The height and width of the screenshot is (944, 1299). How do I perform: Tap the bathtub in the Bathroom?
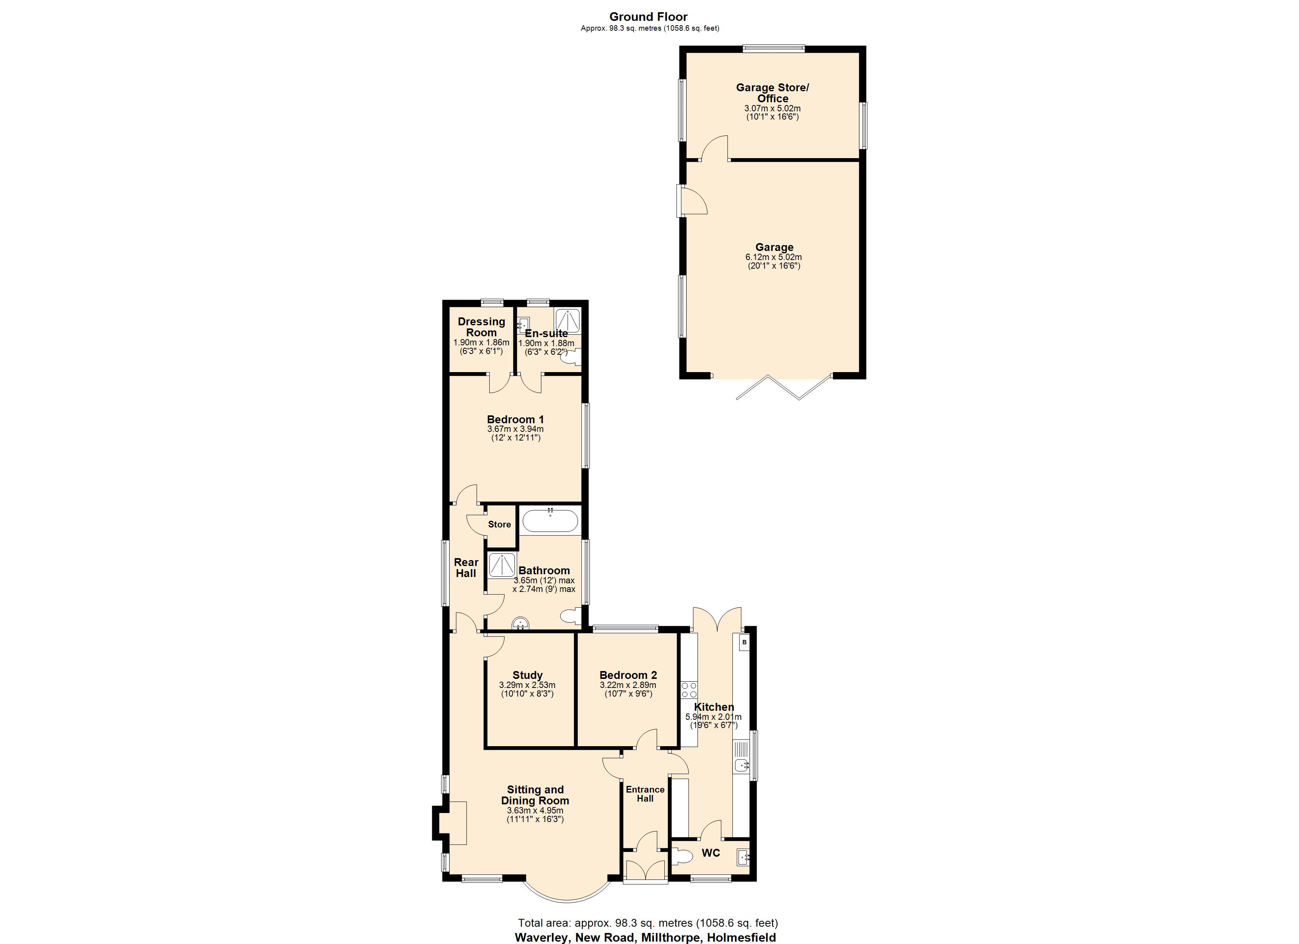[550, 521]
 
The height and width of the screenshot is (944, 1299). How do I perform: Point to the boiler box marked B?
[744, 642]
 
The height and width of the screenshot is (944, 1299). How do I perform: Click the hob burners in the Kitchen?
[689, 690]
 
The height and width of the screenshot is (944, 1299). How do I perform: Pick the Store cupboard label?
[500, 524]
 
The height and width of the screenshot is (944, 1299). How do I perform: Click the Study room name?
[527, 675]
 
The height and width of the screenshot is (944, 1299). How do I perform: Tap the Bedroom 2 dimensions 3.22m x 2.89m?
[628, 685]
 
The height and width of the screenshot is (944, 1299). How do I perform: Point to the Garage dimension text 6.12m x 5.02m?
[774, 257]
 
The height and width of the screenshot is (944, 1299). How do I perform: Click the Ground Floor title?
[648, 17]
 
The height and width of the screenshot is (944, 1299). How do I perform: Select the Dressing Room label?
[481, 327]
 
